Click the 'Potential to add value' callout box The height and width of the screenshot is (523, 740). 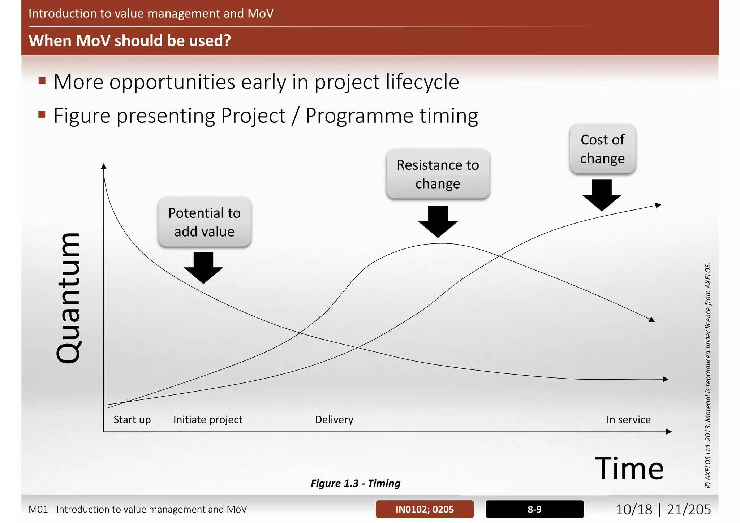pyautogui.click(x=205, y=222)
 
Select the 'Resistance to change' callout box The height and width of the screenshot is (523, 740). pyautogui.click(x=438, y=174)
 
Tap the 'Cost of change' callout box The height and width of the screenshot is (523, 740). pyautogui.click(x=602, y=149)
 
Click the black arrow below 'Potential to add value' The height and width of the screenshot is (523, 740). pyautogui.click(x=203, y=268)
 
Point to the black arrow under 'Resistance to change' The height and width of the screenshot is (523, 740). pyautogui.click(x=438, y=221)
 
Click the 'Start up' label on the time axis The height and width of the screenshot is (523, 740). pyautogui.click(x=132, y=419)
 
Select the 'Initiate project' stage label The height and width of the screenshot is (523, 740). pyautogui.click(x=208, y=419)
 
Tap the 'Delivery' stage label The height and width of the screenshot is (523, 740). pyautogui.click(x=334, y=419)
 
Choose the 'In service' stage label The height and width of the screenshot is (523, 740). pyautogui.click(x=628, y=419)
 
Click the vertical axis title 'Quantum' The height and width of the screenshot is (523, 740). pyautogui.click(x=69, y=298)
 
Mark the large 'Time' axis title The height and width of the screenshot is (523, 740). pyautogui.click(x=629, y=468)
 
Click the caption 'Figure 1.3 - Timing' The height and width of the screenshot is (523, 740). pyautogui.click(x=356, y=483)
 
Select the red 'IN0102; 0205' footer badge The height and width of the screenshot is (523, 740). pyautogui.click(x=425, y=509)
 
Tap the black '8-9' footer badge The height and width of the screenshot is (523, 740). pyautogui.click(x=534, y=509)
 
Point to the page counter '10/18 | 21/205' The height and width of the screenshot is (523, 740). pyautogui.click(x=663, y=509)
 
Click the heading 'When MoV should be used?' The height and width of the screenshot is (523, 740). pyautogui.click(x=130, y=40)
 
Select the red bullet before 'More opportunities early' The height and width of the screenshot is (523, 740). pyautogui.click(x=42, y=81)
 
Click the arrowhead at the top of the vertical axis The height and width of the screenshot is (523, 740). pyautogui.click(x=104, y=166)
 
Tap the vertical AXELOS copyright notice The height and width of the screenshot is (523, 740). pyautogui.click(x=708, y=376)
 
